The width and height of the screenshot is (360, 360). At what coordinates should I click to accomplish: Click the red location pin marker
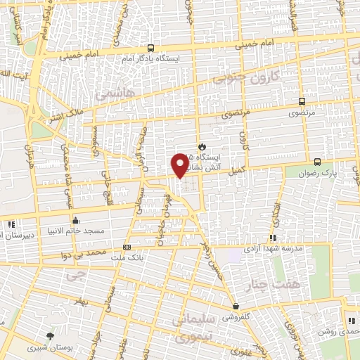(181, 165)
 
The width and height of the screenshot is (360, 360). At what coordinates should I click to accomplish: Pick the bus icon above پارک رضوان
(317, 161)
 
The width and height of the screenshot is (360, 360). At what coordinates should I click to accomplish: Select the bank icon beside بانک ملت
(127, 247)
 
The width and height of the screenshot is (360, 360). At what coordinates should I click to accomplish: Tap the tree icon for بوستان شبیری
(49, 336)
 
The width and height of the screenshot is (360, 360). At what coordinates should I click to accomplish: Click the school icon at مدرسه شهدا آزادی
(272, 238)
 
